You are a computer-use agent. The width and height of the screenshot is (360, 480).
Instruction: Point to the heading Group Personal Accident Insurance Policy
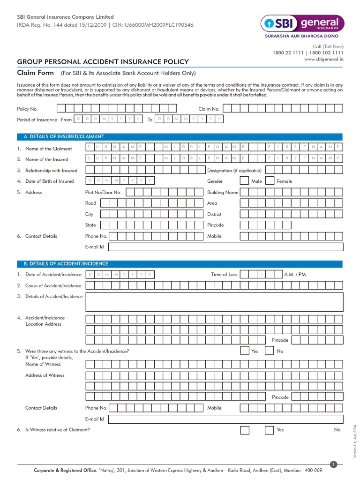[x=103, y=62]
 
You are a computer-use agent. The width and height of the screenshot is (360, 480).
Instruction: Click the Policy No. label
[x=27, y=109]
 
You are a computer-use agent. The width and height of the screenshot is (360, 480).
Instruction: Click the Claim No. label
[x=209, y=109]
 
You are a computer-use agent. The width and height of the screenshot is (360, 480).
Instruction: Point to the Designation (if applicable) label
[x=234, y=171]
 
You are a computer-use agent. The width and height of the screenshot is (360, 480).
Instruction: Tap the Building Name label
[x=223, y=192]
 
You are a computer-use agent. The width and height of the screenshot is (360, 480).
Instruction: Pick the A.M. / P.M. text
[x=295, y=275]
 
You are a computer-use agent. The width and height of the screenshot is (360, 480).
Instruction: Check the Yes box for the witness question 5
[x=245, y=351]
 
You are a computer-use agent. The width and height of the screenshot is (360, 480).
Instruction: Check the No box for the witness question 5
[x=270, y=351]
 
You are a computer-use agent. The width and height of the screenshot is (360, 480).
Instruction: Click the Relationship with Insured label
[x=51, y=171]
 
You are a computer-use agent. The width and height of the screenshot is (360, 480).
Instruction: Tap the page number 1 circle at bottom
[x=334, y=464]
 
